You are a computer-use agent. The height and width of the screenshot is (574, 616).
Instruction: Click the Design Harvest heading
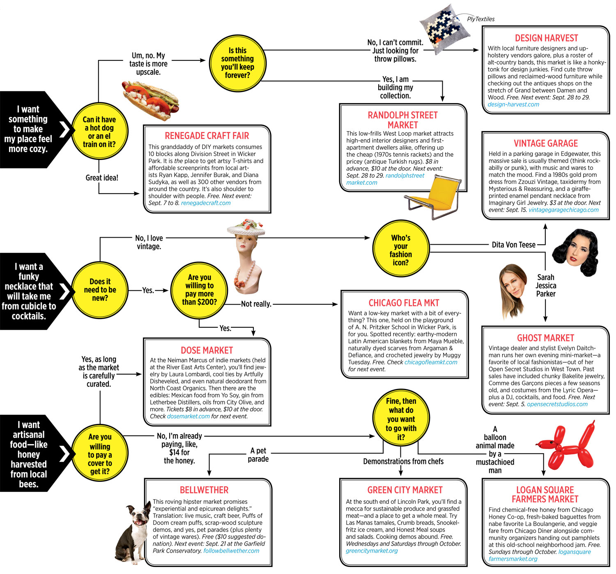pyautogui.click(x=546, y=38)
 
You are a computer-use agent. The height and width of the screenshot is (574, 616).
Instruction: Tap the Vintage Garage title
pyautogui.click(x=545, y=143)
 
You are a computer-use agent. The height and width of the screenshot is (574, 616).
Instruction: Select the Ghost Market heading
pyautogui.click(x=545, y=338)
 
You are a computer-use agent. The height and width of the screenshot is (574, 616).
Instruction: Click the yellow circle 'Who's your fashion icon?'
pyautogui.click(x=400, y=250)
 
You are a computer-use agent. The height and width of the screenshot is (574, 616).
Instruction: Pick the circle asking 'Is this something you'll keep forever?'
pyautogui.click(x=237, y=63)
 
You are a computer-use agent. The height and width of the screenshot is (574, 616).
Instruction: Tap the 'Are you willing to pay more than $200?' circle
pyautogui.click(x=199, y=290)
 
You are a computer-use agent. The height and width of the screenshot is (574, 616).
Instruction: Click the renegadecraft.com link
pyautogui.click(x=206, y=203)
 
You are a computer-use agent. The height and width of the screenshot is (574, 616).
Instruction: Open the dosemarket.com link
pyautogui.click(x=188, y=417)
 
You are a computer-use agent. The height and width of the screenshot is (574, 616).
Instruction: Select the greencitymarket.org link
pyautogui.click(x=372, y=551)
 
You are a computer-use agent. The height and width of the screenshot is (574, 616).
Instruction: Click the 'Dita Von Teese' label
pyautogui.click(x=513, y=245)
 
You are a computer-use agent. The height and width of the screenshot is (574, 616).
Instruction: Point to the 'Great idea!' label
pyautogui.click(x=102, y=178)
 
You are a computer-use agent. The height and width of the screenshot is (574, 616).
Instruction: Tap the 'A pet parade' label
pyautogui.click(x=258, y=455)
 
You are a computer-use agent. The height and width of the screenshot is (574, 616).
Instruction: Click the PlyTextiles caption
pyautogui.click(x=480, y=19)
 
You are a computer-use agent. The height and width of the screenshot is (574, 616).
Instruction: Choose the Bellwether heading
pyautogui.click(x=204, y=490)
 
